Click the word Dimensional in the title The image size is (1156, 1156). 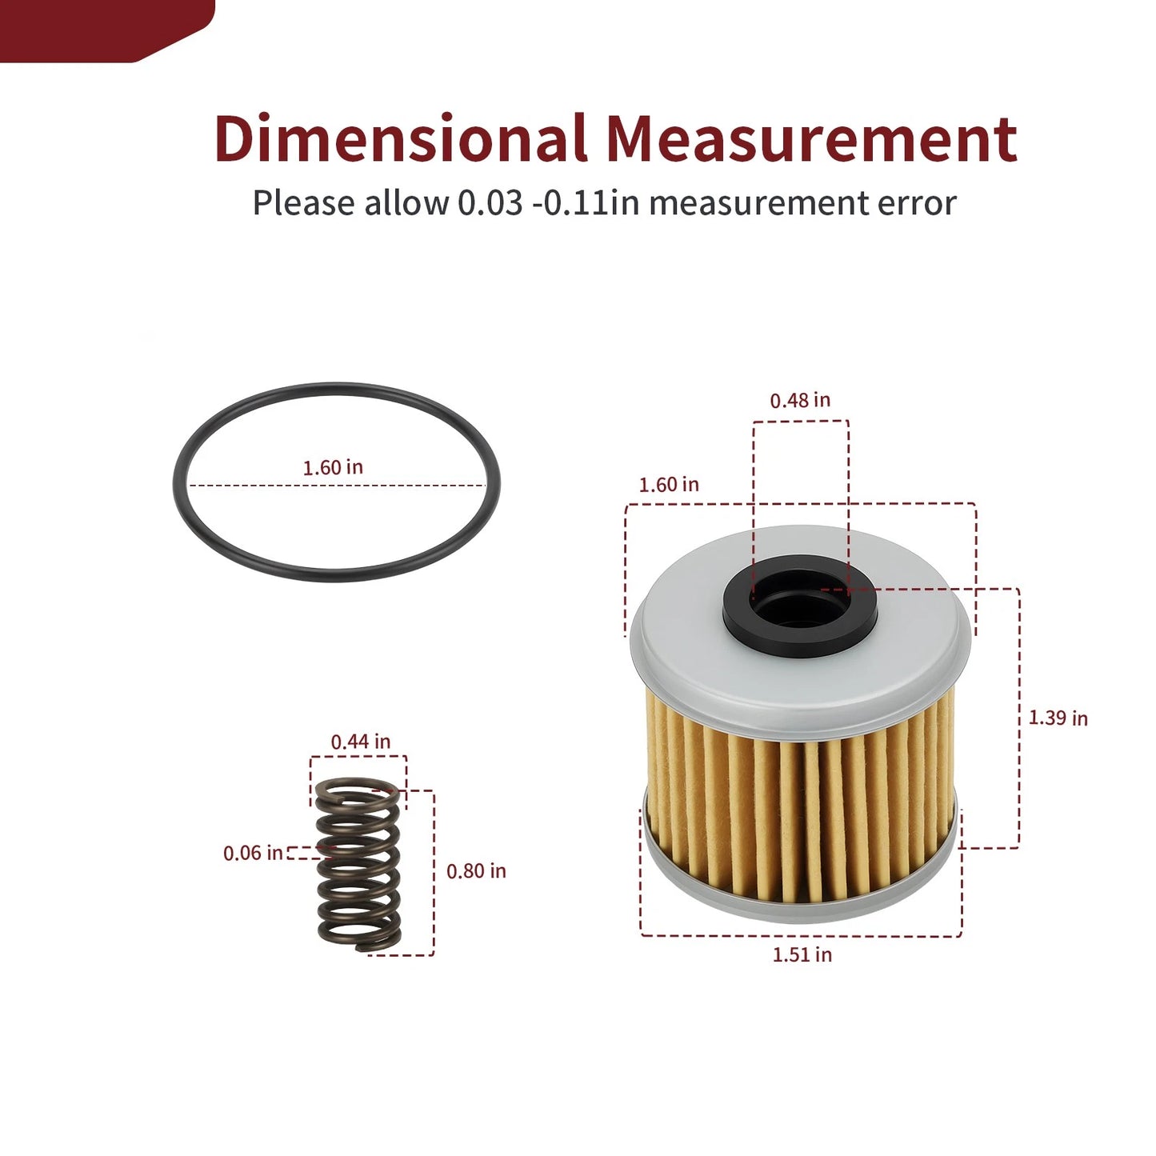[x=400, y=139]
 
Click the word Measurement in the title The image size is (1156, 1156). [x=810, y=139]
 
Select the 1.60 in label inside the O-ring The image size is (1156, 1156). [x=333, y=467]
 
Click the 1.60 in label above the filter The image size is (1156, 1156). [x=669, y=485]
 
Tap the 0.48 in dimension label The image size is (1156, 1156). [x=800, y=400]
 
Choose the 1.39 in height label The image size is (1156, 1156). [x=1058, y=718]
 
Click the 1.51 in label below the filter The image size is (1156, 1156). [x=802, y=954]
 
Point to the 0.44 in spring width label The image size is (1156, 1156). [x=361, y=742]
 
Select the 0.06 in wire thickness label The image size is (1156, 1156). [x=253, y=853]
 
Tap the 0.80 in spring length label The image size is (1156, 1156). [x=476, y=870]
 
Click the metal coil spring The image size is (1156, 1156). [x=358, y=868]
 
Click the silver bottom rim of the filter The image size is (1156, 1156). [x=800, y=908]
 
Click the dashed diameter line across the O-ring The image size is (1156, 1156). [x=240, y=485]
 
